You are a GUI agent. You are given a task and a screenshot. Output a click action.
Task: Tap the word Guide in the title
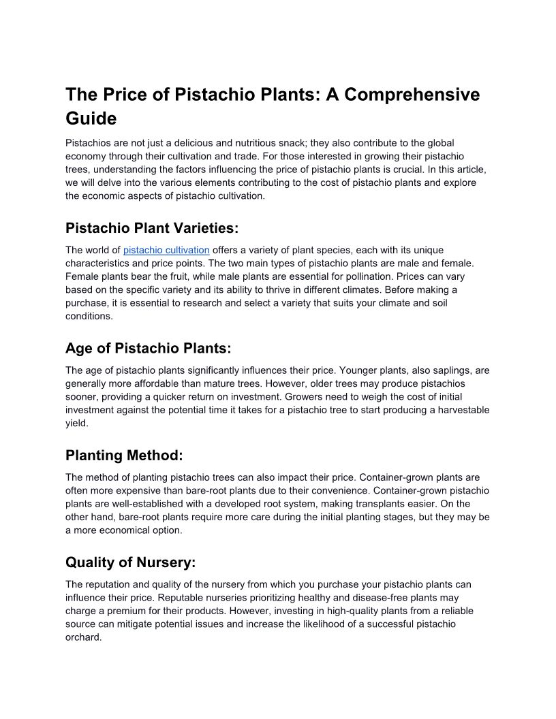pos(91,118)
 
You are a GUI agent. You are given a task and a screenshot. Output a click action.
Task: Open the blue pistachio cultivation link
pos(166,250)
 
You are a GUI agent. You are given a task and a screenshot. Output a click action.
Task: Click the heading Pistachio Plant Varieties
pos(152,227)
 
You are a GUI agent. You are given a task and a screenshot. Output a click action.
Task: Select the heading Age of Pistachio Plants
pos(148,348)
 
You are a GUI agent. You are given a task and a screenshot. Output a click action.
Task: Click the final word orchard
pos(83,638)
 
